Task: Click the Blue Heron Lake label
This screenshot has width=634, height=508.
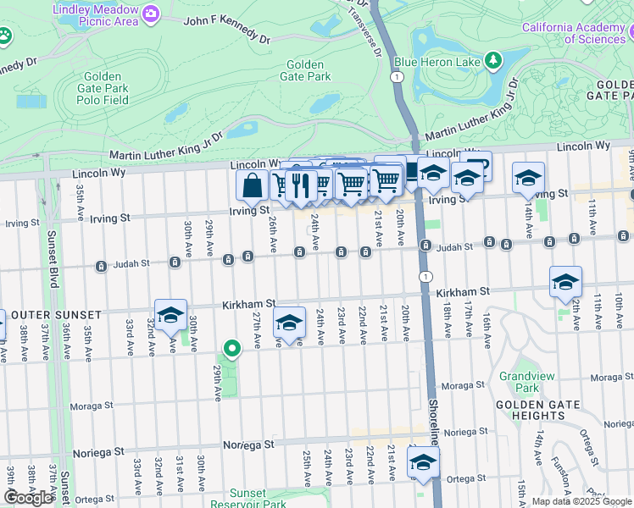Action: [437, 62]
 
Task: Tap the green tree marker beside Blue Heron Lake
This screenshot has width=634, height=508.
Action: [492, 61]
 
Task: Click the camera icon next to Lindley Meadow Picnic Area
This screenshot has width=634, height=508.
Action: [151, 13]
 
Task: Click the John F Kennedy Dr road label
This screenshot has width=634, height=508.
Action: [225, 29]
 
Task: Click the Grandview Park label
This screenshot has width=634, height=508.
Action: [520, 382]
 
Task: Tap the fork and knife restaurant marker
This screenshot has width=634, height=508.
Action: [300, 184]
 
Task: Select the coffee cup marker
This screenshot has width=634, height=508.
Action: [477, 165]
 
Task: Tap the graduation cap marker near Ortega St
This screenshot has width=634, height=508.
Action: [423, 461]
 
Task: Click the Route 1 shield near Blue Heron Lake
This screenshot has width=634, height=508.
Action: [397, 77]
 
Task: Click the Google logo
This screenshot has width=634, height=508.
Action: [28, 497]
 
